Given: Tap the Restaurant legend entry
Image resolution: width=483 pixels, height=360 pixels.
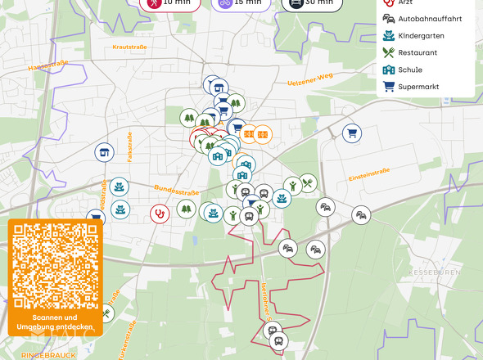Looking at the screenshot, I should pos(417,52).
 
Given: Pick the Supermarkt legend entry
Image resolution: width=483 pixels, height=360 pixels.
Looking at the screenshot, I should pos(418,87).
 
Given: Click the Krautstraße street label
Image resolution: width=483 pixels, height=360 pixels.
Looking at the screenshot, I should pos(130,47).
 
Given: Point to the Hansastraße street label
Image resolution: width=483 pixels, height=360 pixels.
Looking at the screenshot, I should pos(47,66).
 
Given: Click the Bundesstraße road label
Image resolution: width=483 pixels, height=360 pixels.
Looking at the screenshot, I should pos(177,190).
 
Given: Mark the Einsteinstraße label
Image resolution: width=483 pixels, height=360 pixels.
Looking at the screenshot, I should pos(368,175).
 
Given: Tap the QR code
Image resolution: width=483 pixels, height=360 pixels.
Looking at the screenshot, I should pos(56,263).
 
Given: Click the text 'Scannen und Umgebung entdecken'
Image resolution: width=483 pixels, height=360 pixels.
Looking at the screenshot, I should pos(56,322).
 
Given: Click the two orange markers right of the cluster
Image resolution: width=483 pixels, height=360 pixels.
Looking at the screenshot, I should pos(255,133).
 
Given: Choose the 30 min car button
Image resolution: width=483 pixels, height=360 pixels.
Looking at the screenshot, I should pos(312,2).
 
